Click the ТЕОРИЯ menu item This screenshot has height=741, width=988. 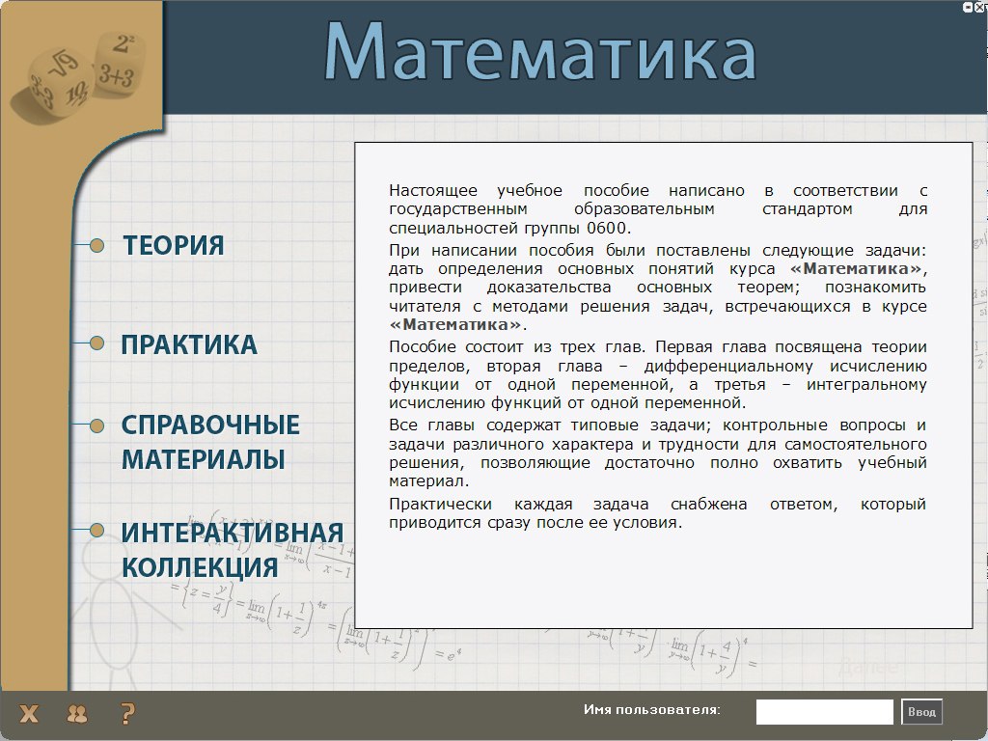tap(174, 245)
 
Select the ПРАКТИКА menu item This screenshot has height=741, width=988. tap(189, 344)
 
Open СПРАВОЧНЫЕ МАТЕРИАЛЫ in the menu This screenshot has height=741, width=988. tap(209, 442)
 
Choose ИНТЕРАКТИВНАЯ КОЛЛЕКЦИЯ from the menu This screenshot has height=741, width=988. tap(232, 550)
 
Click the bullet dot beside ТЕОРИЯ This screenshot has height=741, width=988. tap(97, 245)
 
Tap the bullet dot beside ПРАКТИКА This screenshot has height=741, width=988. tap(97, 343)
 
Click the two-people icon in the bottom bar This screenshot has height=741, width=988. tap(77, 714)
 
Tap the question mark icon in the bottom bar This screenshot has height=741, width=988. tap(127, 713)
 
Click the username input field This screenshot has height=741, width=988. tap(824, 712)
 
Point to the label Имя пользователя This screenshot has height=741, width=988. tap(651, 710)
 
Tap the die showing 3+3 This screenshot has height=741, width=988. tap(119, 63)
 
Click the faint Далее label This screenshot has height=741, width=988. tap(868, 666)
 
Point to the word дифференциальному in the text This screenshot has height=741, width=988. tap(728, 367)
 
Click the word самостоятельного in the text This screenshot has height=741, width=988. tap(856, 444)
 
